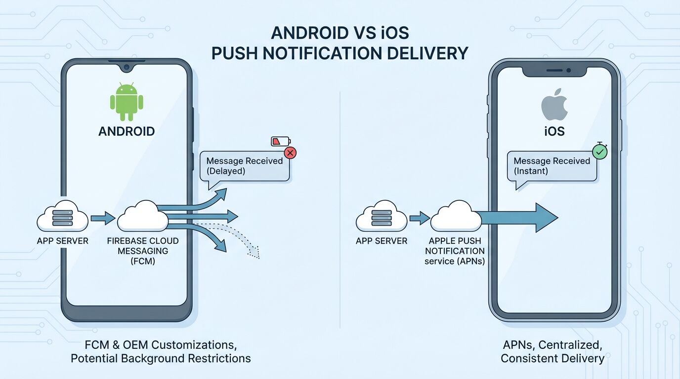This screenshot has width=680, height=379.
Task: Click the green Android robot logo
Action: tap(127, 102)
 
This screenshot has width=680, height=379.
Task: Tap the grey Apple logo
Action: tap(552, 104)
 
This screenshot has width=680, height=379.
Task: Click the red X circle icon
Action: tap(291, 153)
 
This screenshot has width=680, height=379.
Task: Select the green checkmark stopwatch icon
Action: tap(599, 152)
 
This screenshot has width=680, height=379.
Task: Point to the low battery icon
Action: tap(278, 142)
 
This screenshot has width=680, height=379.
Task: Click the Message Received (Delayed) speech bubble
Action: tap(244, 167)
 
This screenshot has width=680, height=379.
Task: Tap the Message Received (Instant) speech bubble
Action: tap(552, 167)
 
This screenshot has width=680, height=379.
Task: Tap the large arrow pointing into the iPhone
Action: tap(519, 218)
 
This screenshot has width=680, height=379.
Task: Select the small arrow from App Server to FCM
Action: tap(103, 218)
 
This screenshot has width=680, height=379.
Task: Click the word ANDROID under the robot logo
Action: tap(127, 131)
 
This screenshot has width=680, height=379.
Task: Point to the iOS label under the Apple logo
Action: tap(552, 132)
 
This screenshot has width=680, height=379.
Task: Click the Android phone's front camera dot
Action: tap(127, 66)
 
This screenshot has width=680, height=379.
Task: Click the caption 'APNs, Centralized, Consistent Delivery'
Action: tap(552, 351)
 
